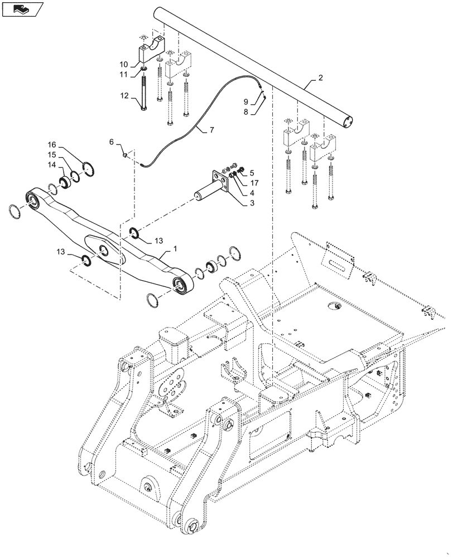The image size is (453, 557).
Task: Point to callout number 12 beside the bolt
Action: [123, 95]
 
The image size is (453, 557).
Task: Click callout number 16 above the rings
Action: [52, 144]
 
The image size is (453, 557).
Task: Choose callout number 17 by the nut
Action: [254, 183]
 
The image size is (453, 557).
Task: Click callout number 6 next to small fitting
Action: [112, 143]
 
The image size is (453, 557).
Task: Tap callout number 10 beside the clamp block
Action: [123, 64]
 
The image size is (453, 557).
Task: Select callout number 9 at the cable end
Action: [245, 101]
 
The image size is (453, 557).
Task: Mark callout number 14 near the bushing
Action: [52, 165]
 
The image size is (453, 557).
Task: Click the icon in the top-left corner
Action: [23, 9]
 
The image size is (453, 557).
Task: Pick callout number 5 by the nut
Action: [251, 173]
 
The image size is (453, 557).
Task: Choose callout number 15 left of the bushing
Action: [52, 154]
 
